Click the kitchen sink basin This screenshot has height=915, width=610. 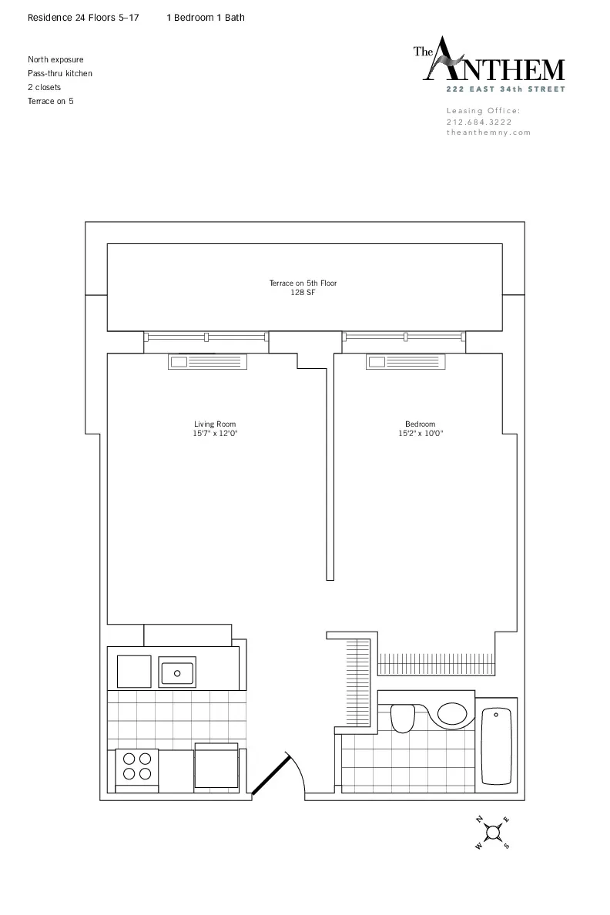pyautogui.click(x=177, y=672)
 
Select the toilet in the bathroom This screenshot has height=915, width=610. pyautogui.click(x=403, y=718)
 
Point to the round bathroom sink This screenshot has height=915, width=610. pyautogui.click(x=451, y=713)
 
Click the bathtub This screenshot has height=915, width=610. pyautogui.click(x=497, y=746)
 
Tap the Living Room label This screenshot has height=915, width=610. pyautogui.click(x=215, y=424)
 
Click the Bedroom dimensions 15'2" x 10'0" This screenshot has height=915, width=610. pyautogui.click(x=421, y=434)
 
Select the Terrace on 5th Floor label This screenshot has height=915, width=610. pyautogui.click(x=303, y=283)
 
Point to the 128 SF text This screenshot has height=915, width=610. pyautogui.click(x=303, y=293)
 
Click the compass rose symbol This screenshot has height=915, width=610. pyautogui.click(x=493, y=831)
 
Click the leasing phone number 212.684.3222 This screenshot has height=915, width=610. pyautogui.click(x=478, y=122)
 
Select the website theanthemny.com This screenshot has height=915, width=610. pyautogui.click(x=488, y=132)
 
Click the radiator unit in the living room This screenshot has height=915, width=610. pyautogui.click(x=207, y=362)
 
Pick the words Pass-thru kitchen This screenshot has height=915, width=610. pyautogui.click(x=60, y=73)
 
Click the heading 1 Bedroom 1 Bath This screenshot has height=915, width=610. pyautogui.click(x=206, y=17)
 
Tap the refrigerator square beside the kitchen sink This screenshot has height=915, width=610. pyautogui.click(x=134, y=671)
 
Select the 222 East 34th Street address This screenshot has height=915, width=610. pyautogui.click(x=507, y=89)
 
